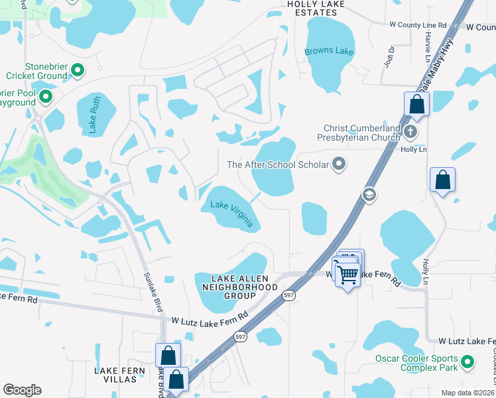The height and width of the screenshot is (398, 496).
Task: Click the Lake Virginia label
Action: [232, 214]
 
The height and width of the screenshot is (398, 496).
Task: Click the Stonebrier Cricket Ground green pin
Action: [77, 70]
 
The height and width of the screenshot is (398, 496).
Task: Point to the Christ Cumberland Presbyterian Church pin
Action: [410, 132]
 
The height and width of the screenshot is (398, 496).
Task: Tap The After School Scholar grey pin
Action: [340, 164]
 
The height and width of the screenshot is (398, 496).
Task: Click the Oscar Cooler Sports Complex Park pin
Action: [467, 362]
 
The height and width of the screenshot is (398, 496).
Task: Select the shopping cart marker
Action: [347, 273]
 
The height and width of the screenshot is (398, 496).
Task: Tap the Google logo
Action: [22, 390]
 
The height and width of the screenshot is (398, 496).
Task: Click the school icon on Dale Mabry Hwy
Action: [369, 194]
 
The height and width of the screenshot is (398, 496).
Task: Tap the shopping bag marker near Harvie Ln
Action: [416, 104]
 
